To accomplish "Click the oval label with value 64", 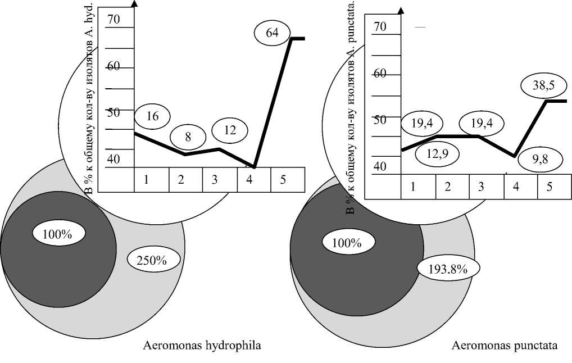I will pos(272,33).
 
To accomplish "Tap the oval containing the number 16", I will pos(152,117).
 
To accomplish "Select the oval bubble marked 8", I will pos(188,137).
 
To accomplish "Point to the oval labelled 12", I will pos(229,130).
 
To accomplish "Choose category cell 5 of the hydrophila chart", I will pos(287,180).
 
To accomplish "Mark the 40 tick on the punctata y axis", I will pos(380,167).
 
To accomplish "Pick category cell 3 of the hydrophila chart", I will pos(219,180).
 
